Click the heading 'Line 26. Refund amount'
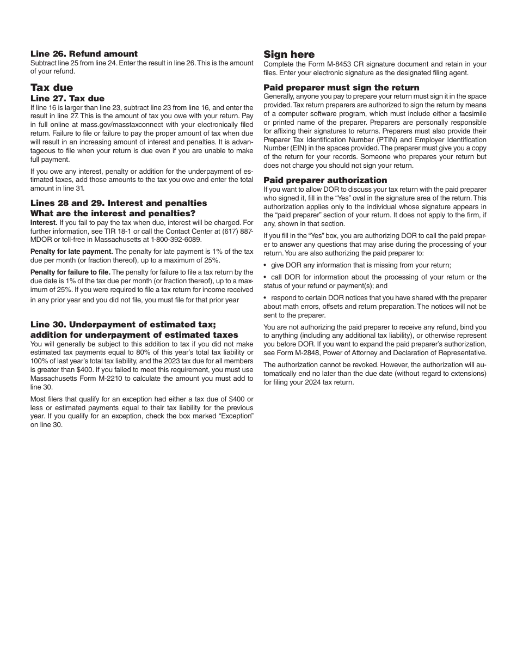coord(84,54)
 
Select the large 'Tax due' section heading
coord(52,88)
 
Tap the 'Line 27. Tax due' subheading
coord(67,99)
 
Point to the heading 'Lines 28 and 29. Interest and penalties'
coord(119,203)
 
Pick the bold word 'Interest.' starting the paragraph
coord(44,223)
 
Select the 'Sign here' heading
coord(289,54)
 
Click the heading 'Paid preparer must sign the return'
coord(341,88)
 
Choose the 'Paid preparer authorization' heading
coord(325,180)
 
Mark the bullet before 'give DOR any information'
coord(265,265)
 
